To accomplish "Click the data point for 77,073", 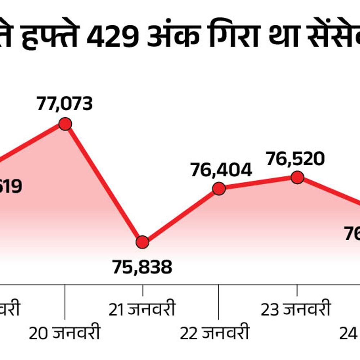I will pyautogui.click(x=65, y=124).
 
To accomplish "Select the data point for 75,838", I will pyautogui.click(x=143, y=242).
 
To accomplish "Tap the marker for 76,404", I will pyautogui.click(x=219, y=188).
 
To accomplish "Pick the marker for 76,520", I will pyautogui.click(x=297, y=177).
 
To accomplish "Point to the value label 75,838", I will pyautogui.click(x=142, y=267).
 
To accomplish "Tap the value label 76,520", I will pyautogui.click(x=295, y=159).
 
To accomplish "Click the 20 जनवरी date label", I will pyautogui.click(x=64, y=333).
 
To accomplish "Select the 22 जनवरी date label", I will pyautogui.click(x=215, y=333).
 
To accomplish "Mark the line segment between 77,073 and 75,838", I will pyautogui.click(x=104, y=183).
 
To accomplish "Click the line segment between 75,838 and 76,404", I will pyautogui.click(x=181, y=215).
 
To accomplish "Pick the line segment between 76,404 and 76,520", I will pyautogui.click(x=258, y=183).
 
